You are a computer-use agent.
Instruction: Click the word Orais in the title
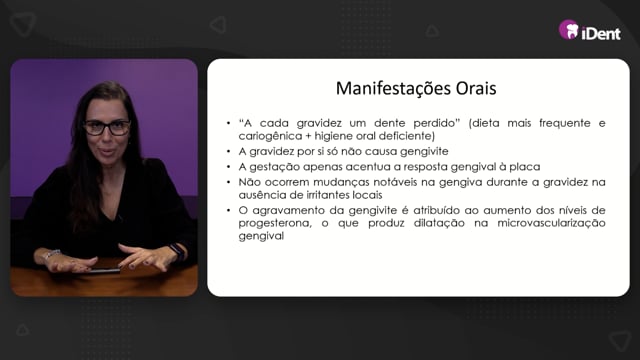tap(476, 88)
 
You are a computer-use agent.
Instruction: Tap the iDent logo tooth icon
tap(569, 30)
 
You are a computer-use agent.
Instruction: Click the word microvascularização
tap(551, 223)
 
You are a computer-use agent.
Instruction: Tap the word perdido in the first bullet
tap(436, 123)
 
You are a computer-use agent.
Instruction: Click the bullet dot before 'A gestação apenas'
tap(229, 167)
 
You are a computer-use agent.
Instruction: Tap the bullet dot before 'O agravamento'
tap(229, 211)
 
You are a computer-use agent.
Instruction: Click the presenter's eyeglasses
tap(107, 128)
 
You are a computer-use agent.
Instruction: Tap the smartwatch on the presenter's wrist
tap(178, 251)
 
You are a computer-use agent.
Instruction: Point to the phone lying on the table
tap(102, 271)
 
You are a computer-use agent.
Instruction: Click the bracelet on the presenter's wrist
tap(51, 255)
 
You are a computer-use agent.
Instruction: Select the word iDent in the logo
tap(601, 33)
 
